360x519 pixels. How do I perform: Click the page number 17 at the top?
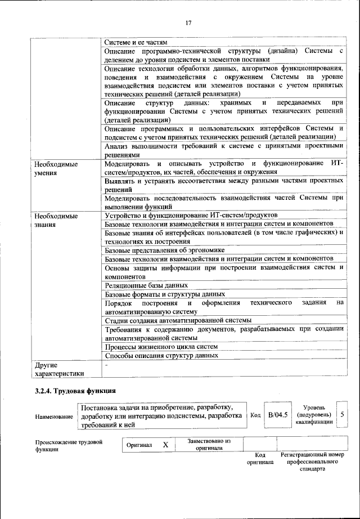pyautogui.click(x=188, y=23)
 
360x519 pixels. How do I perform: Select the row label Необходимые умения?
pyautogui.click(x=55, y=169)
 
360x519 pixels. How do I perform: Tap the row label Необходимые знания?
pyautogui.click(x=55, y=220)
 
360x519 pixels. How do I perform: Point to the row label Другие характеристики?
pyautogui.click(x=59, y=369)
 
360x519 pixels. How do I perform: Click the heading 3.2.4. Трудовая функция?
pyautogui.click(x=75, y=391)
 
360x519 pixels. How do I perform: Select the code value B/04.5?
pyautogui.click(x=278, y=415)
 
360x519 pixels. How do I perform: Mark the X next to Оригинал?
pyautogui.click(x=165, y=445)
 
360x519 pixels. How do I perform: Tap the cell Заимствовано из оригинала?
pyautogui.click(x=209, y=444)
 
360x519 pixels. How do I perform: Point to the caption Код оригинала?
pyautogui.click(x=260, y=458)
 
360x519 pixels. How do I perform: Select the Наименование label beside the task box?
pyautogui.click(x=54, y=416)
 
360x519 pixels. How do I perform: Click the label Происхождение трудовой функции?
pyautogui.click(x=69, y=446)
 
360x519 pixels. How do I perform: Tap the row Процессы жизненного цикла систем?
pyautogui.click(x=161, y=347)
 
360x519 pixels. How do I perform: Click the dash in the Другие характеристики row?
pyautogui.click(x=106, y=365)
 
